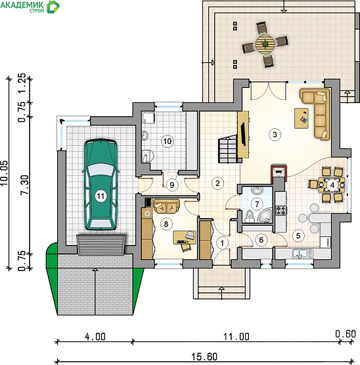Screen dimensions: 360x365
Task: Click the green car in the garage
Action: click(101, 184)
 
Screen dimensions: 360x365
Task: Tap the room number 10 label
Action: click(168, 141)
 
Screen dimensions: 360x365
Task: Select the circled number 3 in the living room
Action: click(275, 135)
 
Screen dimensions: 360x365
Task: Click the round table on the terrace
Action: click(265, 44)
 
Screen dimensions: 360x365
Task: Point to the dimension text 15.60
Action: click(204, 356)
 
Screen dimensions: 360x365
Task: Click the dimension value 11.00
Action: click(236, 337)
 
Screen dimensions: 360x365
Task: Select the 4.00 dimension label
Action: click(95, 337)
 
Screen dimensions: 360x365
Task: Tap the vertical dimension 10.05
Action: click(4, 173)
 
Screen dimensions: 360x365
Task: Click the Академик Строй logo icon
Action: click(53, 7)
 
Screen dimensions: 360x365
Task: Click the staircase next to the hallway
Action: click(228, 149)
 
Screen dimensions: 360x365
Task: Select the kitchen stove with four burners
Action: click(281, 211)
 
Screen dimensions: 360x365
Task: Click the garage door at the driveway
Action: click(101, 245)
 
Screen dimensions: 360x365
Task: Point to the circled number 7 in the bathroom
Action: click(257, 204)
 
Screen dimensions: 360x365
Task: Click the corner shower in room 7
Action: click(265, 215)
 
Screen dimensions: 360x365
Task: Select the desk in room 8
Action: click(185, 237)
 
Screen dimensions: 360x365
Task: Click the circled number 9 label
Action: click(172, 185)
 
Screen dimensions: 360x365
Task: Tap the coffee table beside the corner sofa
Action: click(302, 118)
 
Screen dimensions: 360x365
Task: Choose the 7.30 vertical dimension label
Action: click(25, 185)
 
